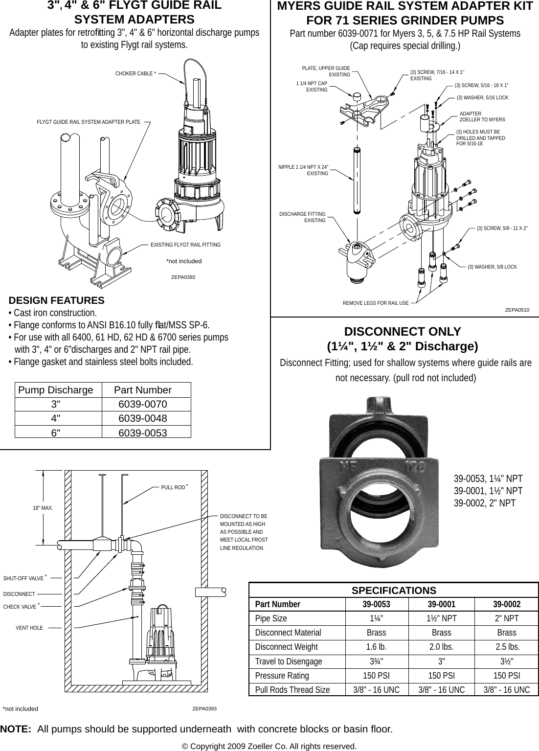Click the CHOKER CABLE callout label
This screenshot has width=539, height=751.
[x=135, y=74]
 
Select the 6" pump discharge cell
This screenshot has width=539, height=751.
[x=57, y=433]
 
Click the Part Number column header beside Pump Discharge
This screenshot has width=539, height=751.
[x=143, y=390]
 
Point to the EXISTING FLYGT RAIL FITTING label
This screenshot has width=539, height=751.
[x=185, y=245]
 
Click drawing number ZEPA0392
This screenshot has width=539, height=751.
[x=183, y=277]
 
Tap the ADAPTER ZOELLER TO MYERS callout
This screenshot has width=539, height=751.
[x=482, y=117]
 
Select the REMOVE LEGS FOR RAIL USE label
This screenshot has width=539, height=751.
[x=376, y=303]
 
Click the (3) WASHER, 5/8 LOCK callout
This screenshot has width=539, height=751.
[x=492, y=267]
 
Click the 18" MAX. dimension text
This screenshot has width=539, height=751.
[x=43, y=508]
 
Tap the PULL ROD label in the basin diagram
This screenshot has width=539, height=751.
[x=174, y=487]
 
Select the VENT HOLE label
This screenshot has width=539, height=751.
[x=29, y=628]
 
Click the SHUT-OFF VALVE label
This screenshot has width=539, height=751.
[x=23, y=578]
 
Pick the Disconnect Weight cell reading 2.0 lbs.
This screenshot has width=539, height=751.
[x=441, y=647]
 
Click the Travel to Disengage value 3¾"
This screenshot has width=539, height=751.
[x=376, y=661]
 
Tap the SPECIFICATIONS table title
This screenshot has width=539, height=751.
[x=394, y=591]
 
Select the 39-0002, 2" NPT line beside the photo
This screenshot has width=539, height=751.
[x=484, y=503]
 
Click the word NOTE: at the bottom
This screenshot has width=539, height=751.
[x=16, y=729]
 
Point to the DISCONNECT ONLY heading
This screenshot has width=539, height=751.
[x=403, y=331]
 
